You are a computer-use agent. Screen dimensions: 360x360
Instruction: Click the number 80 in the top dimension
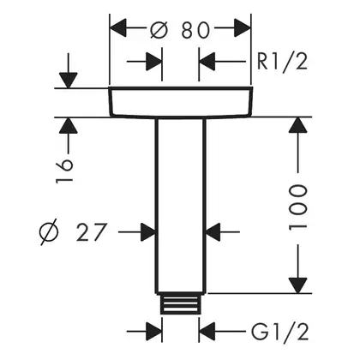pyautogui.click(x=195, y=30)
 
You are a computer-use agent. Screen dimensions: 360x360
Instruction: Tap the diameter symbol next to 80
pyautogui.click(x=159, y=29)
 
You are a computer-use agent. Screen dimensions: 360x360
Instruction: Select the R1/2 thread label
pyautogui.click(x=282, y=62)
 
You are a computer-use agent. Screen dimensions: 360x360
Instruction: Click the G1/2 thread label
pyautogui.click(x=280, y=332)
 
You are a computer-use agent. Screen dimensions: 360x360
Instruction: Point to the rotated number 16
pyautogui.click(x=64, y=171)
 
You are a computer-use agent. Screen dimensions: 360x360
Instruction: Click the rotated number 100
pyautogui.click(x=298, y=207)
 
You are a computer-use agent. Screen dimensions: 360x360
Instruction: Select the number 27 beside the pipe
pyautogui.click(x=92, y=232)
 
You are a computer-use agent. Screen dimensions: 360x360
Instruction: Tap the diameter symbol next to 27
pyautogui.click(x=49, y=231)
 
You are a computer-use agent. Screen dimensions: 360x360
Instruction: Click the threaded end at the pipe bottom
pyautogui.click(x=180, y=303)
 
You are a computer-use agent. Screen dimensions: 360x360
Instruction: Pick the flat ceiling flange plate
pyautogui.click(x=180, y=102)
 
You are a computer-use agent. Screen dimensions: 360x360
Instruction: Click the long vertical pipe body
pyautogui.click(x=180, y=206)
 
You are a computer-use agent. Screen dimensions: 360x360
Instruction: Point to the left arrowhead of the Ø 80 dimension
pyautogui.click(x=118, y=27)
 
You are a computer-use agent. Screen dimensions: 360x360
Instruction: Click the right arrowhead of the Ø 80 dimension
pyautogui.click(x=243, y=27)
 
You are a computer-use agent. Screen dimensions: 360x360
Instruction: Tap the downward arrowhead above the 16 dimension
pyautogui.click(x=69, y=81)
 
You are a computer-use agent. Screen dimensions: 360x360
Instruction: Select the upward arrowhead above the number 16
pyautogui.click(x=69, y=125)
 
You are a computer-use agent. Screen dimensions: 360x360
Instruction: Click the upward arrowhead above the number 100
pyautogui.click(x=297, y=125)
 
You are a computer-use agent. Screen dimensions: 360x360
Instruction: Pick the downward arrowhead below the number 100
pyautogui.click(x=297, y=285)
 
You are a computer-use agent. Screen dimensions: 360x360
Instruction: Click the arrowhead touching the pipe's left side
pyautogui.click(x=148, y=232)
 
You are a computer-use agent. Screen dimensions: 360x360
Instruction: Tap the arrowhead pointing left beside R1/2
pyautogui.click(x=207, y=62)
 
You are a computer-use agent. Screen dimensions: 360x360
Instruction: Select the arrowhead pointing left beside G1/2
pyautogui.click(x=207, y=332)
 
